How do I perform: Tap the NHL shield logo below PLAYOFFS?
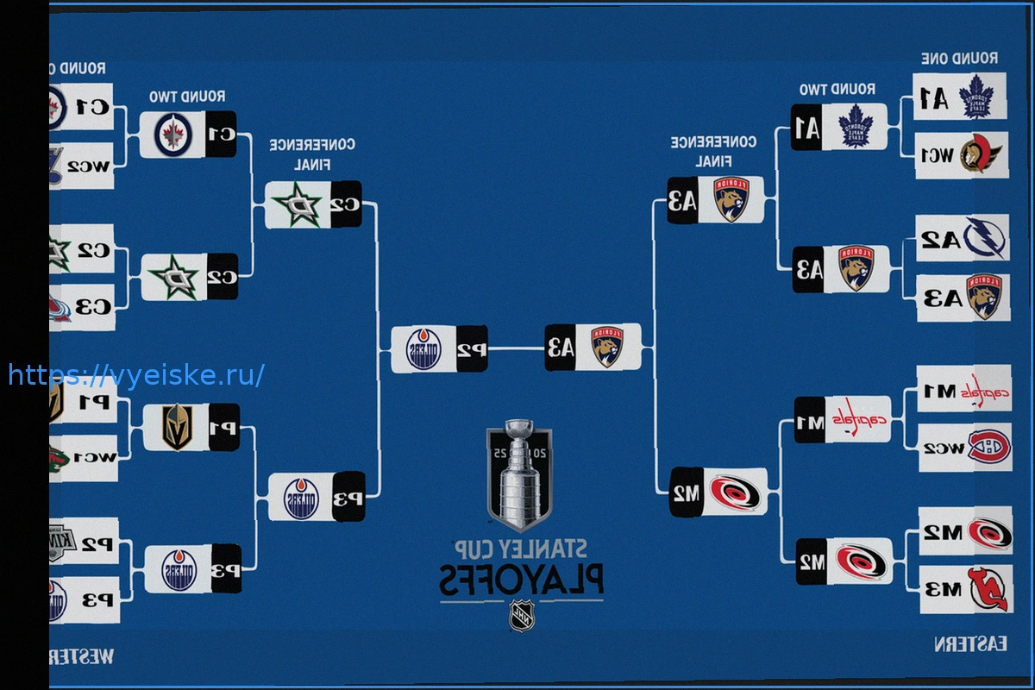tap(522, 615)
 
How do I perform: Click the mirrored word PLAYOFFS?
tap(521, 580)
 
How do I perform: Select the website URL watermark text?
tap(136, 375)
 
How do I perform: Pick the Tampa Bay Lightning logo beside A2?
tap(983, 238)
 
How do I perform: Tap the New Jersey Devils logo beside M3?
tap(987, 588)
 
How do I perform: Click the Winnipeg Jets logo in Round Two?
tap(172, 134)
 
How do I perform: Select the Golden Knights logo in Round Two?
tap(179, 426)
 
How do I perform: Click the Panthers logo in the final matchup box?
tap(607, 346)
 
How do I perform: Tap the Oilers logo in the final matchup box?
tap(424, 349)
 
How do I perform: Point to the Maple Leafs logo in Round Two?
tap(856, 126)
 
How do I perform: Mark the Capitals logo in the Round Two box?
tap(856, 419)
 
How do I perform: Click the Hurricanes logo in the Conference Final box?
tap(734, 492)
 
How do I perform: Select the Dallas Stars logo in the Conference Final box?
tap(298, 204)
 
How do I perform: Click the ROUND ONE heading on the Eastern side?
tap(960, 59)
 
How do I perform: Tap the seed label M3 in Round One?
tap(944, 590)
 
